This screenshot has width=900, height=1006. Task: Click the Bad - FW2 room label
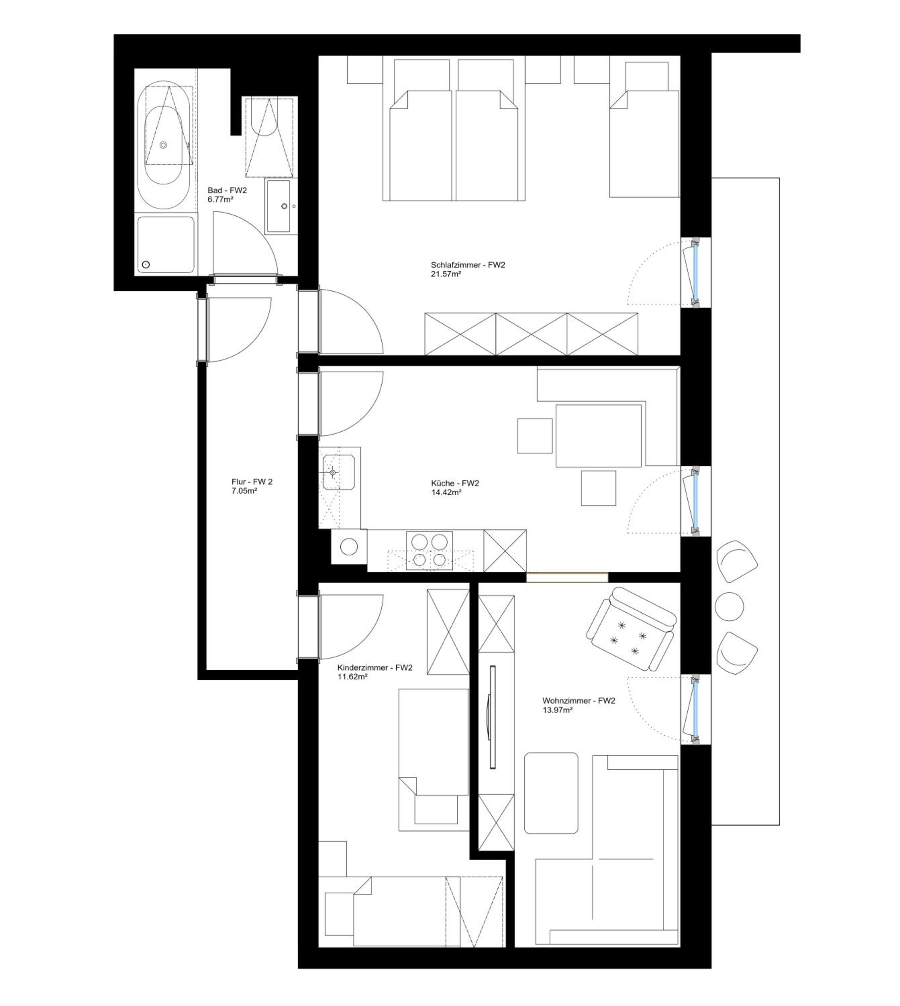[x=227, y=190]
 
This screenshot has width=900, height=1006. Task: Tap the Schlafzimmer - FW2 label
[x=468, y=265]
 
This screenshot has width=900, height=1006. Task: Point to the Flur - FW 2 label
[x=252, y=482]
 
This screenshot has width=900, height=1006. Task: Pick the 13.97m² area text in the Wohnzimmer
[x=557, y=710]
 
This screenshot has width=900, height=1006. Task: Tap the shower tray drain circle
[x=146, y=265]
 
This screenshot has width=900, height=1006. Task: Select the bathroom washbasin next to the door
[x=278, y=206]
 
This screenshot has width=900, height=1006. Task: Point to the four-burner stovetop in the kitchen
[x=429, y=551]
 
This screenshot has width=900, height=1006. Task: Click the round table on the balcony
[x=730, y=606]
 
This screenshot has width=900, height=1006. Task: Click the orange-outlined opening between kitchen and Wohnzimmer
[x=567, y=577]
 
